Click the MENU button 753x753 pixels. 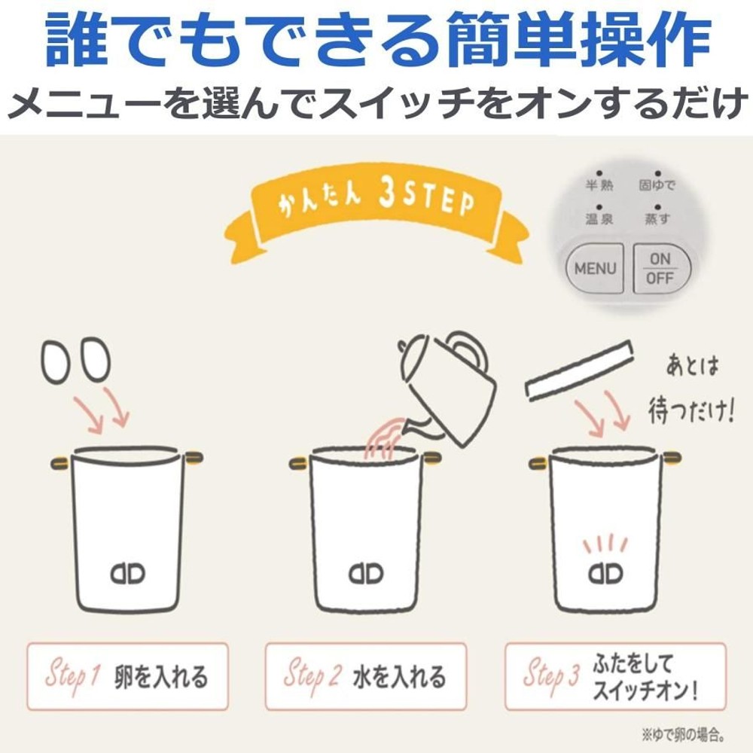pos(595,269)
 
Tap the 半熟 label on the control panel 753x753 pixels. pos(599,185)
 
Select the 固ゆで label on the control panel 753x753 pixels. pos(657,185)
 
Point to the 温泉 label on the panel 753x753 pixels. pos(599,219)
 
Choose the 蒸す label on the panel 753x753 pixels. pos(657,219)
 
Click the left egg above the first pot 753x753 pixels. pos(56,361)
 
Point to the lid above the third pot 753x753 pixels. pos(580,370)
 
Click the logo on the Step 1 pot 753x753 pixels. pos(128,574)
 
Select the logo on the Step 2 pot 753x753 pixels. pos(366,574)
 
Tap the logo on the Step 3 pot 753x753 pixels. pos(605,573)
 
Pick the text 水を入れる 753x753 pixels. pos(400,677)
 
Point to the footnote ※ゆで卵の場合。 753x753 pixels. pos(683,734)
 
